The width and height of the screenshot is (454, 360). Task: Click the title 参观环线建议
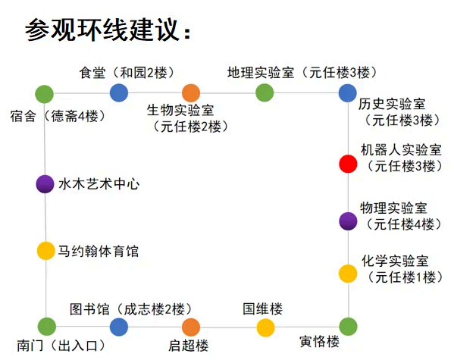108,30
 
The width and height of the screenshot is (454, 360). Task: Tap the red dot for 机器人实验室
348,164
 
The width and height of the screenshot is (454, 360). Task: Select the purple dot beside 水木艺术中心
45,184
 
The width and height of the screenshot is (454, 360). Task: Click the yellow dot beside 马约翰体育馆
45,251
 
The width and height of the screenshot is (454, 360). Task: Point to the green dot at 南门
47,327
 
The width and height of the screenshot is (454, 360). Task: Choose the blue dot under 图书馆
119,327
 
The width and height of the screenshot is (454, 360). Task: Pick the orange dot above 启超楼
191,327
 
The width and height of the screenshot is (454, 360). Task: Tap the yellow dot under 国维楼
265,327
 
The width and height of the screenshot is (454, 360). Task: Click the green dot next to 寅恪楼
349,327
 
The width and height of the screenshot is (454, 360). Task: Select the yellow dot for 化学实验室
348,274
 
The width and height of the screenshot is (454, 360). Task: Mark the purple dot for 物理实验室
348,221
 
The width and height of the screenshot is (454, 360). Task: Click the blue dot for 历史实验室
348,93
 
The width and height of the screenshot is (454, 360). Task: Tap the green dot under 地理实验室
265,93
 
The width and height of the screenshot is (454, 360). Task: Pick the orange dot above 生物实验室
191,93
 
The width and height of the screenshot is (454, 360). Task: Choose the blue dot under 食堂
119,93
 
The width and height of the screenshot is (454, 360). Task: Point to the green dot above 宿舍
44,94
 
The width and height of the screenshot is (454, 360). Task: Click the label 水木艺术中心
99,184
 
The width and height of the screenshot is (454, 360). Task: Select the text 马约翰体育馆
99,251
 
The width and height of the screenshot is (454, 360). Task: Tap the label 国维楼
262,308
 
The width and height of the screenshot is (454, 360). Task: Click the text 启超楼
189,346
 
